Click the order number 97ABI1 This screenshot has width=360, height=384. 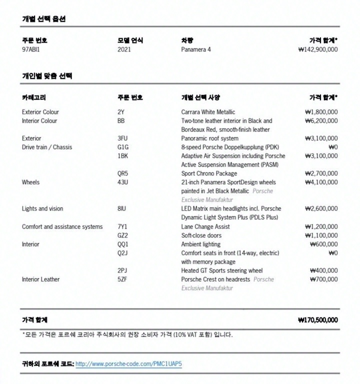30,49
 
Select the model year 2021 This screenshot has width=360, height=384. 124,49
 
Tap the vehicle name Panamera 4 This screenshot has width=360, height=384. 196,49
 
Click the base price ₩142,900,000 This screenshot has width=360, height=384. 317,49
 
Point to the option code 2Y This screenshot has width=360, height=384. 120,112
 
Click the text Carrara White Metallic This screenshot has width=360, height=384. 208,112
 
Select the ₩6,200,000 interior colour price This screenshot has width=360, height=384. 321,121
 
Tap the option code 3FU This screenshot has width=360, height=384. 122,138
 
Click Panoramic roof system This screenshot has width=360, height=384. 209,138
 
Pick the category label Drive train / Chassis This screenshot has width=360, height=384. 47,147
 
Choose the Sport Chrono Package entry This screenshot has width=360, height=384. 209,173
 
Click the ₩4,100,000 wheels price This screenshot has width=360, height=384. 321,182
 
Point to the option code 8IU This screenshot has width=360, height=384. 122,208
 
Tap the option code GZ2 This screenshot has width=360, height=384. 122,235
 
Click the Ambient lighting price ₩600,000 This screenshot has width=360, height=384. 323,244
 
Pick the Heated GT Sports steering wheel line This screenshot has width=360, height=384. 221,270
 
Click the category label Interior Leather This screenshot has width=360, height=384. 40,279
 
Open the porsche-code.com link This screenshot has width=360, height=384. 128,364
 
